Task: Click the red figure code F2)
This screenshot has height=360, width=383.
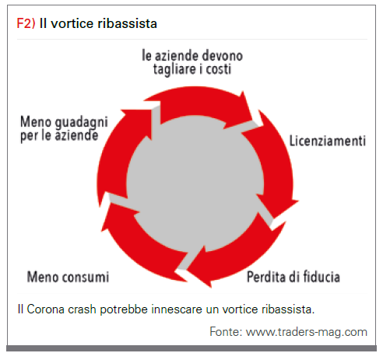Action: coord(26,23)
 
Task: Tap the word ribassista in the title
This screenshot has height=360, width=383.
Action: coord(128,23)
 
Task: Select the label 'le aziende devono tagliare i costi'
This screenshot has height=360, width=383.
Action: coord(192,62)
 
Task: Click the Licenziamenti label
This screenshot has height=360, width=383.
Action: coord(328,141)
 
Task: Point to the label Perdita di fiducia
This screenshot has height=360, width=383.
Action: coord(293,277)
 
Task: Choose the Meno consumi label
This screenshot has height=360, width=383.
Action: coord(68,277)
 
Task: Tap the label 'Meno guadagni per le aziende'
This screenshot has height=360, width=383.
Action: coord(64,129)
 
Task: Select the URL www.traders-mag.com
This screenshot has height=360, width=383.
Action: coord(307,333)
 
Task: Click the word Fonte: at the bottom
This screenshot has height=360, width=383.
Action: coord(226,332)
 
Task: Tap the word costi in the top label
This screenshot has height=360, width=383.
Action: coord(219,69)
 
